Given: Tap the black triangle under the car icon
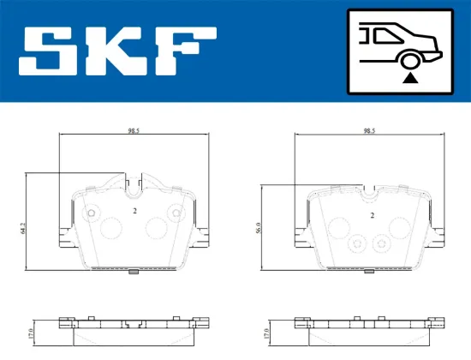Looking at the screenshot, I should click(410, 78).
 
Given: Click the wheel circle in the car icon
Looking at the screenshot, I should click(410, 59).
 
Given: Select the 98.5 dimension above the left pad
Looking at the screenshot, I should click(133, 131).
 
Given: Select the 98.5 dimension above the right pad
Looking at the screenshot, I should click(369, 131).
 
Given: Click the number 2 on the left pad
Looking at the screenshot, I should click(135, 210).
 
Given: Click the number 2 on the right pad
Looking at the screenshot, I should click(372, 216).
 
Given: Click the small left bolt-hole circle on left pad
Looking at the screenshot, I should click(92, 213).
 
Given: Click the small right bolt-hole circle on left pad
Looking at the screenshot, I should click(176, 213).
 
